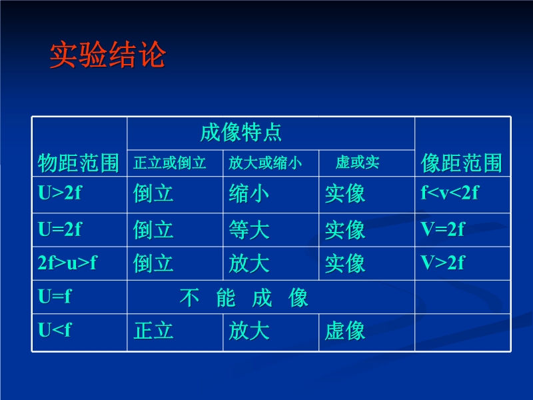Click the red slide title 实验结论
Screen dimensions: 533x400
[108, 55]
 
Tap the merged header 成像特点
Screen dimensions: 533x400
[241, 132]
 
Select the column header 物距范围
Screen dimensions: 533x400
[78, 163]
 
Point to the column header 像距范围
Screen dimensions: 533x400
[461, 163]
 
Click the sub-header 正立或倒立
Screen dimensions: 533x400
[170, 163]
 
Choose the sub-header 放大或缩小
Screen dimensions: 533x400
[265, 163]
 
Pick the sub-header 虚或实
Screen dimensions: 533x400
[357, 162]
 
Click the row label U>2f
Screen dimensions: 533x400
[60, 193]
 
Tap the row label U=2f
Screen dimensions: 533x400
[60, 229]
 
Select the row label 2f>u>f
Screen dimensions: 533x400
[67, 263]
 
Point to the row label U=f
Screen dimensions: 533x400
[55, 296]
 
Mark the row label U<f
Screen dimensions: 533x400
[55, 329]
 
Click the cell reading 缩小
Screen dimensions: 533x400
[249, 193]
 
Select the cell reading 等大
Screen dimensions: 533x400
[249, 229]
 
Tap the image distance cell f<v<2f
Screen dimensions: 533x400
[450, 193]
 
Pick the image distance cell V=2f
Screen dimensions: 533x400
[442, 229]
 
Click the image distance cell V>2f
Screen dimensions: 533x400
[442, 263]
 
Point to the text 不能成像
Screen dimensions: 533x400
[244, 298]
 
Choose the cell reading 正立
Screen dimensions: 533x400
[153, 331]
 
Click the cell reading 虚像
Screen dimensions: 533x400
[344, 331]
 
